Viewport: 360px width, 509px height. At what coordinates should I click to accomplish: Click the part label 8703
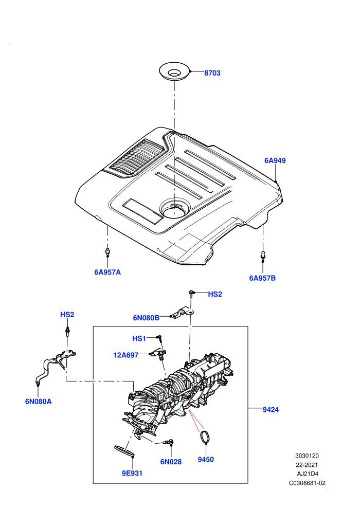pyautogui.click(x=212, y=73)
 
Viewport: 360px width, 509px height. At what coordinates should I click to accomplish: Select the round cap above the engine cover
pyautogui.click(x=174, y=71)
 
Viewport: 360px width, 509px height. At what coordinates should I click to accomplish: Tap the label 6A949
pyautogui.click(x=275, y=160)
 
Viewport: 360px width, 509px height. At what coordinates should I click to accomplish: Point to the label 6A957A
pyautogui.click(x=107, y=272)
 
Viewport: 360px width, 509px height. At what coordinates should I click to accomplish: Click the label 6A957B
pyautogui.click(x=262, y=278)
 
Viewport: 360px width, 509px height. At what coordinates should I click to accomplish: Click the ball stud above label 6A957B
pyautogui.click(x=263, y=256)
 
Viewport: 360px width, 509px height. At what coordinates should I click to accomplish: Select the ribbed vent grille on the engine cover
pyautogui.click(x=137, y=158)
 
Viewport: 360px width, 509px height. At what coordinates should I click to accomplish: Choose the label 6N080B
pyautogui.click(x=146, y=318)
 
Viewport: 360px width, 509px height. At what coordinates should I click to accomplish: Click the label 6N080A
pyautogui.click(x=38, y=402)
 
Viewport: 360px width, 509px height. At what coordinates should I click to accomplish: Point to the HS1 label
pyautogui.click(x=139, y=339)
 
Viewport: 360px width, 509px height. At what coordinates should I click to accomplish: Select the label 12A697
pyautogui.click(x=125, y=355)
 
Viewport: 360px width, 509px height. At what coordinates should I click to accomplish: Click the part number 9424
pyautogui.click(x=271, y=410)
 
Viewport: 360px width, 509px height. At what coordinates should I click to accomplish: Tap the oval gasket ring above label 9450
pyautogui.click(x=205, y=436)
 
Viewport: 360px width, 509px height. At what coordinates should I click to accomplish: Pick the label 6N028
pyautogui.click(x=171, y=462)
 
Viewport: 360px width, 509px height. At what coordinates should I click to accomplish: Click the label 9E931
pyautogui.click(x=132, y=474)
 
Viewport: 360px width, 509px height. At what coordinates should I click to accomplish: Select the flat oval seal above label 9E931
pyautogui.click(x=124, y=451)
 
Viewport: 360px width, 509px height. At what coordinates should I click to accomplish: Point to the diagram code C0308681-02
pyautogui.click(x=307, y=483)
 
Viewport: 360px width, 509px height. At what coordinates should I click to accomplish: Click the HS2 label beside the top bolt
pyautogui.click(x=215, y=294)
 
